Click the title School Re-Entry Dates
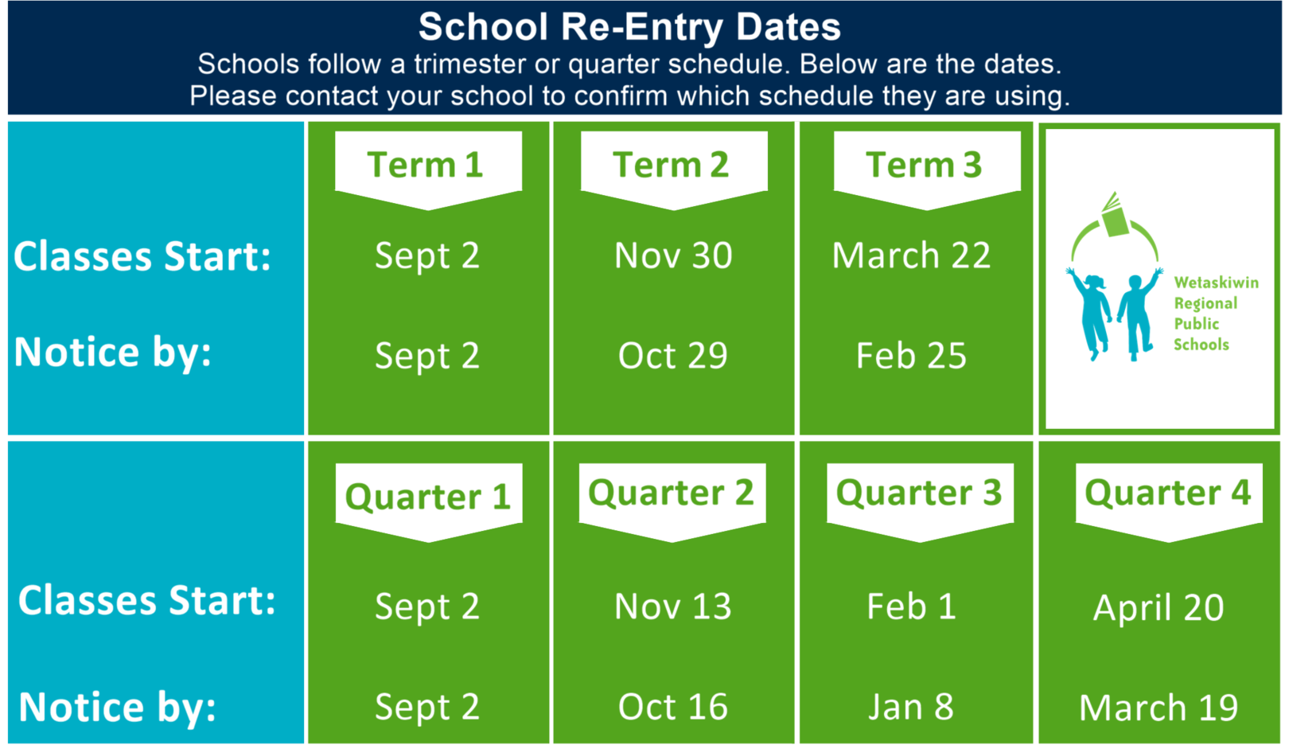coord(629,27)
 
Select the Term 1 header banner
coord(428,170)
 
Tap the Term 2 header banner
coord(674,170)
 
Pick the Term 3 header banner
coord(927,170)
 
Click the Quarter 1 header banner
coord(429,502)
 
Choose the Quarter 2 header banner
coord(672,502)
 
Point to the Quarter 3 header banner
coord(920,502)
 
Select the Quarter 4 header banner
coord(1170,502)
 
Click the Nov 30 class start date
coord(673,255)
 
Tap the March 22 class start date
coord(912,255)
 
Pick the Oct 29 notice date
coord(672,355)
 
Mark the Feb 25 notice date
coord(911,355)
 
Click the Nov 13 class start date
coord(672,606)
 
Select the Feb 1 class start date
coord(912,606)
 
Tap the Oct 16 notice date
coord(672,707)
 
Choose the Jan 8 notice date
coord(911,707)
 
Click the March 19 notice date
coord(1159,707)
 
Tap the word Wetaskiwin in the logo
coord(1216,282)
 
